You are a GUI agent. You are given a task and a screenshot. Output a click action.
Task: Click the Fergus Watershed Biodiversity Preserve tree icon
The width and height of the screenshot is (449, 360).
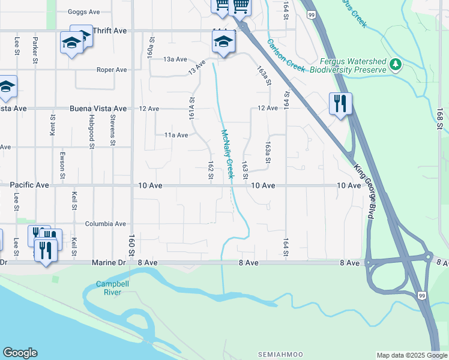(395, 64)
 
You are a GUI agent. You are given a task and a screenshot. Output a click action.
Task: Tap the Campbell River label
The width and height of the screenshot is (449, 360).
(108, 288)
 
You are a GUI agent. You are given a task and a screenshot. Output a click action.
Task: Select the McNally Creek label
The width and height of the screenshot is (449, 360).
(227, 154)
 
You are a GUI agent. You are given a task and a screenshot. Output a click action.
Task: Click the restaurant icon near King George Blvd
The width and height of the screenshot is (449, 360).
(340, 103)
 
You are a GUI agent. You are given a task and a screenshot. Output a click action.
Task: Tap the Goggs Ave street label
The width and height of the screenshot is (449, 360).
(84, 11)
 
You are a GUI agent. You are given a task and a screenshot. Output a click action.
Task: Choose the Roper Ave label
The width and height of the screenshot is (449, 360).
(112, 70)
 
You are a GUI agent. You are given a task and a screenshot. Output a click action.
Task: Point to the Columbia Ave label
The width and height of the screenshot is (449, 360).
(106, 224)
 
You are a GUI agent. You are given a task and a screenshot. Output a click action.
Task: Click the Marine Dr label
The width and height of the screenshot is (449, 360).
(107, 263)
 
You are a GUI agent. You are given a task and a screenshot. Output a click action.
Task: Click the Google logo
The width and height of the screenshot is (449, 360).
(20, 353)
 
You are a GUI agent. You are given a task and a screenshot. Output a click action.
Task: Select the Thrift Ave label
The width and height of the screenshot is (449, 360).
(111, 30)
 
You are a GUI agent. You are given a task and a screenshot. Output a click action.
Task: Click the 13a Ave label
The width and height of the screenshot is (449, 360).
(176, 59)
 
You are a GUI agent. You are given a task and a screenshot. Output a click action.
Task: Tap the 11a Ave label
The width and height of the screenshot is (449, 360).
(176, 135)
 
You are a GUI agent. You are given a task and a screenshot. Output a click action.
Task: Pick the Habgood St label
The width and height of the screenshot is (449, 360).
(92, 131)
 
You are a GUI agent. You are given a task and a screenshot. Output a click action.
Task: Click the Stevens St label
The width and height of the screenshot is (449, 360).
(112, 131)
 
